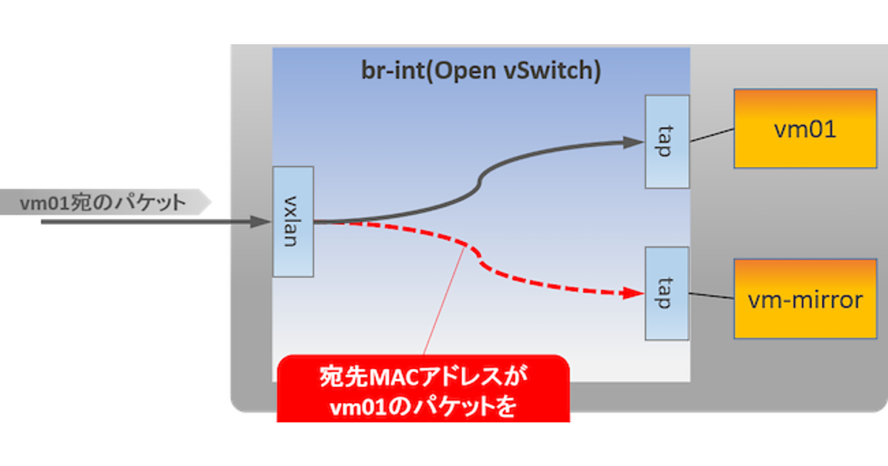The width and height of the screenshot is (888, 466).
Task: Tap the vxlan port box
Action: pyautogui.click(x=293, y=221)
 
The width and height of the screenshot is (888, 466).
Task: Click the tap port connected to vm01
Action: pyautogui.click(x=667, y=141)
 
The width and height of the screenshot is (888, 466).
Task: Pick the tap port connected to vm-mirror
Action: pyautogui.click(x=667, y=293)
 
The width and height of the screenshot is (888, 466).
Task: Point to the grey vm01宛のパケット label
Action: pyautogui.click(x=104, y=203)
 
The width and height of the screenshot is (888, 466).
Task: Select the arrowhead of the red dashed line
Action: pyautogui.click(x=633, y=293)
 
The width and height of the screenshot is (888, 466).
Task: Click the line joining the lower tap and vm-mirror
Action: pyautogui.click(x=711, y=296)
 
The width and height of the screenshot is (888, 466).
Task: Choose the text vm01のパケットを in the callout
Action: pyautogui.click(x=423, y=409)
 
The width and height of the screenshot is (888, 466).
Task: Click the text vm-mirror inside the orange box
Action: pyautogui.click(x=805, y=300)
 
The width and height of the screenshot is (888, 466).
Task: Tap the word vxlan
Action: pyautogui.click(x=293, y=221)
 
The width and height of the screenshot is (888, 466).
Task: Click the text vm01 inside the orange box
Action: pyautogui.click(x=804, y=130)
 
